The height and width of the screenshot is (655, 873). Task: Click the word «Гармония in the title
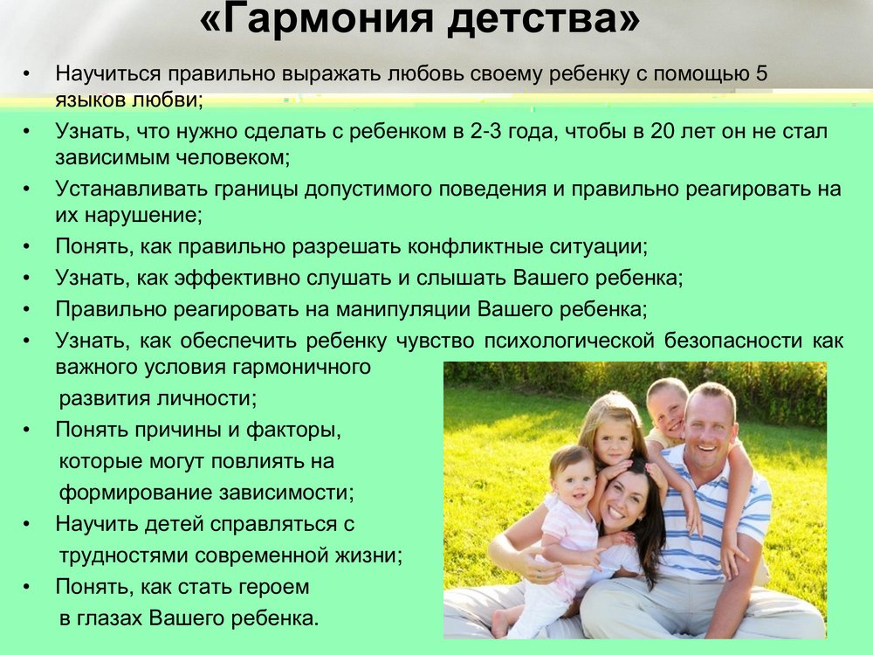[316, 19]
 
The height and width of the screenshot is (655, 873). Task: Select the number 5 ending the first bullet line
[761, 73]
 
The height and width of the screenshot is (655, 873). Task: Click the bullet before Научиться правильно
[26, 73]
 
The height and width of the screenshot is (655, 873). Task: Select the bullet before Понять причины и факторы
[26, 431]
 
